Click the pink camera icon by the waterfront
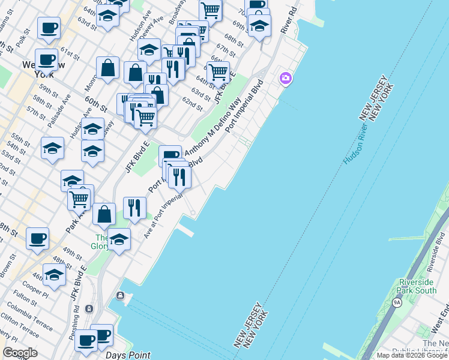pos(285,79)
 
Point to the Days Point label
pos(128,355)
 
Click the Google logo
pos(20,353)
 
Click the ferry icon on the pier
pos(120,296)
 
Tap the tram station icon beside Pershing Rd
pos(89,308)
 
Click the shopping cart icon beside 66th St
pos(218,73)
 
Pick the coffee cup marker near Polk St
pos(49,28)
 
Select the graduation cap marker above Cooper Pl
pos(55,275)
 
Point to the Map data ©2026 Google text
pos(412,355)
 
